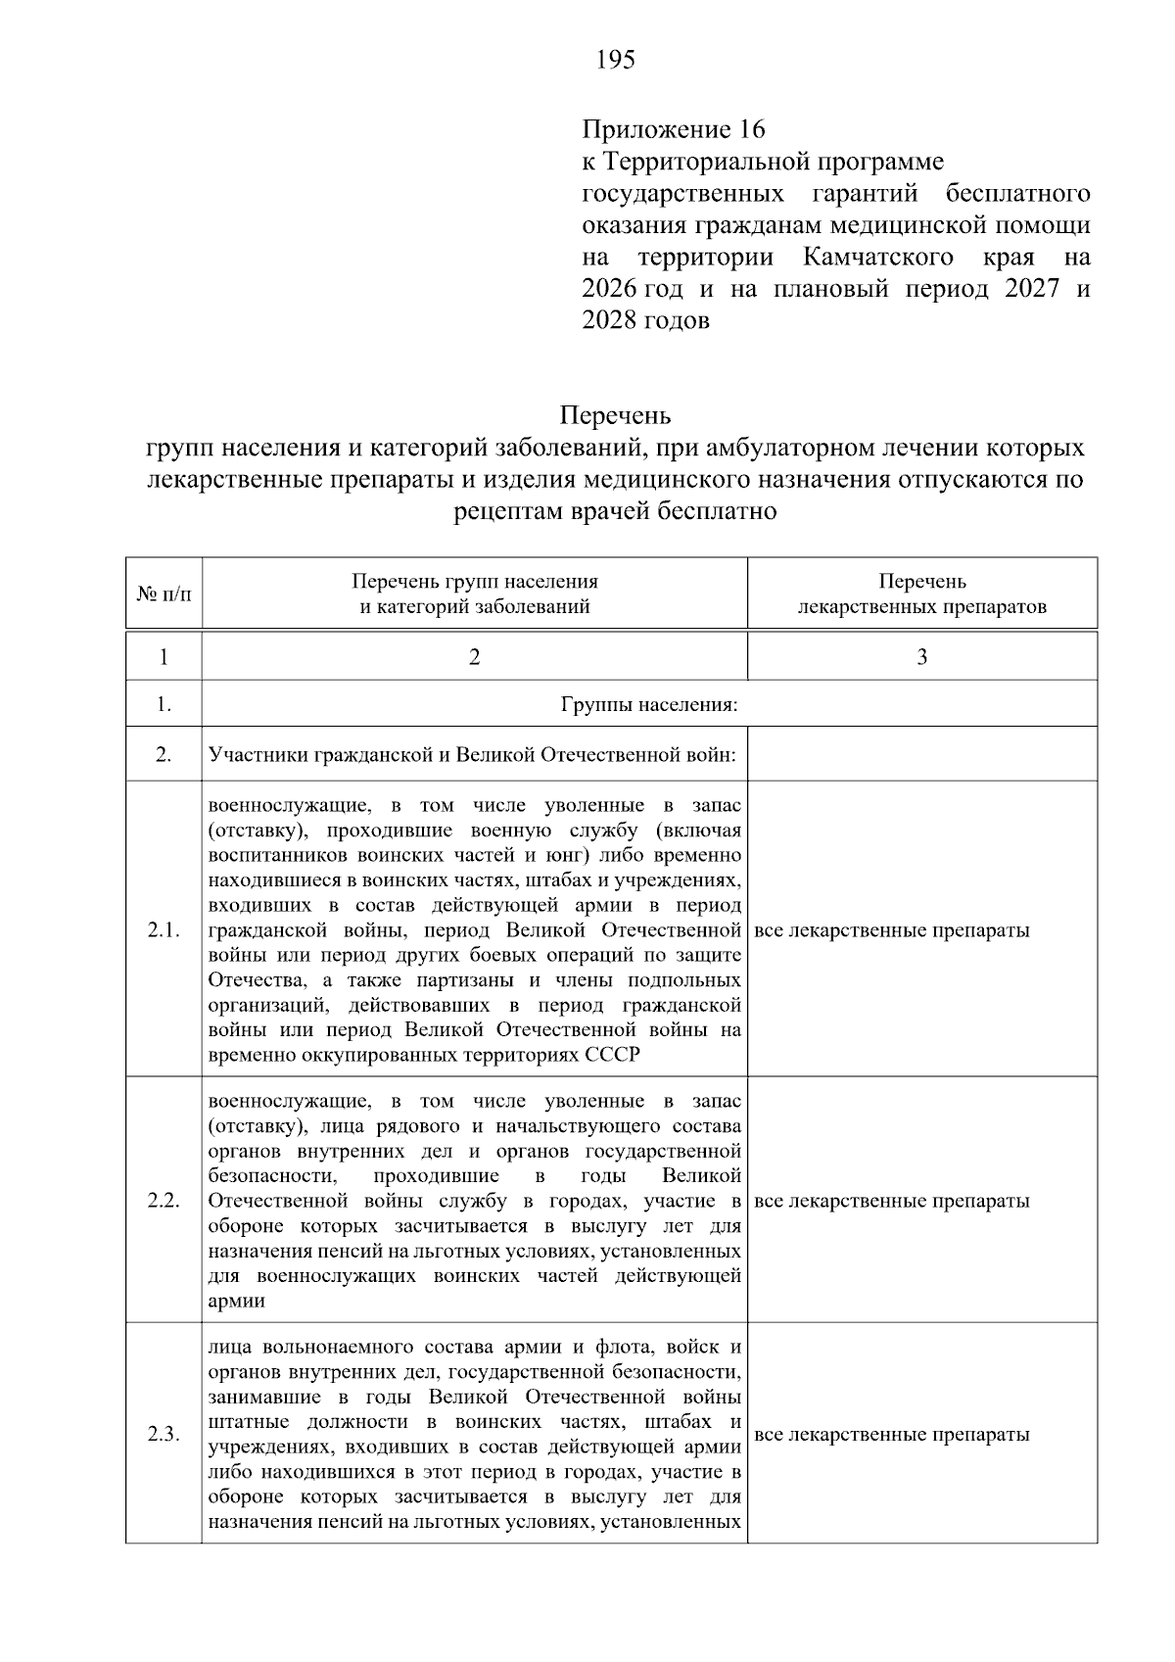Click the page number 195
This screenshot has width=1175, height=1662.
[616, 61]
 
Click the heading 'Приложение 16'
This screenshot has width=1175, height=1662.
[673, 129]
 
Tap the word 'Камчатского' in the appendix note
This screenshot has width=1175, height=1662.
[878, 258]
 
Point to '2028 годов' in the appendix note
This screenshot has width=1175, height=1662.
[645, 321]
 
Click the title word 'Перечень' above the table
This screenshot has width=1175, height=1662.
[615, 416]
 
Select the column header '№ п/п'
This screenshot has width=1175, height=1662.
[164, 594]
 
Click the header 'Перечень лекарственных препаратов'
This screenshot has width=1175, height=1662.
[921, 594]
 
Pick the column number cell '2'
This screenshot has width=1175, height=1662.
[475, 657]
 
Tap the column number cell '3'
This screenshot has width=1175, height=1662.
[921, 657]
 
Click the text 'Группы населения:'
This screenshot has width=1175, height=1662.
[649, 705]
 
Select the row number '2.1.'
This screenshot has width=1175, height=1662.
[164, 930]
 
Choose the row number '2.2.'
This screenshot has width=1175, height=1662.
[164, 1202]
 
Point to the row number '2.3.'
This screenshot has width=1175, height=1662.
[164, 1435]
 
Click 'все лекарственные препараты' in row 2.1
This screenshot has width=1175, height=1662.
[893, 930]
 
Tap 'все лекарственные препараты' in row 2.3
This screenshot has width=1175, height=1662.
[893, 1435]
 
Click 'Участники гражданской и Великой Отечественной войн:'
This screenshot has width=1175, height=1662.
[472, 755]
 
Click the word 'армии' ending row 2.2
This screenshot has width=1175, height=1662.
[236, 1302]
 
